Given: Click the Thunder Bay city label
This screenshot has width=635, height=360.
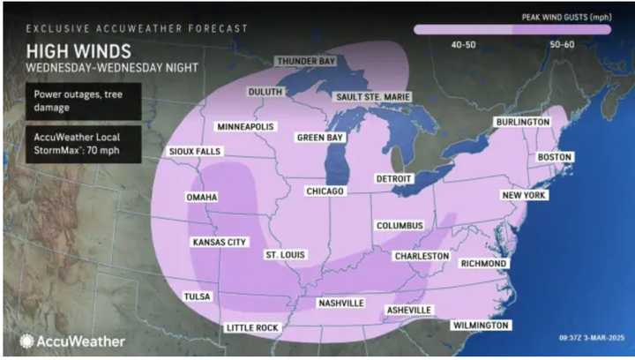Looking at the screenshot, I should point(306,61).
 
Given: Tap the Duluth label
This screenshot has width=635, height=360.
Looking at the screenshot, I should point(264,92).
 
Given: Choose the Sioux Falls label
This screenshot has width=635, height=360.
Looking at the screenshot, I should point(194,152).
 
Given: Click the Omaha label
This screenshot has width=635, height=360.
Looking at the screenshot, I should point(201,197).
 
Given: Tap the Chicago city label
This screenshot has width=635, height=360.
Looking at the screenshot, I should point(325,191).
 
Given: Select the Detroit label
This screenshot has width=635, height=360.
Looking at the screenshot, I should point(394,178).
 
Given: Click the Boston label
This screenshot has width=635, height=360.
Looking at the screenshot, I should point(554,157).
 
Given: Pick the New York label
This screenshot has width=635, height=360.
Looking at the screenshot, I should point(524,195).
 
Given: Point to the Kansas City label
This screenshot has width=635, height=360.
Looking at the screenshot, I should point(218,241).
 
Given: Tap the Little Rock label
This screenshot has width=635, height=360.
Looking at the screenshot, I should point(252,327).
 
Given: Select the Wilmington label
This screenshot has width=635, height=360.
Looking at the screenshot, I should point(480,325).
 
